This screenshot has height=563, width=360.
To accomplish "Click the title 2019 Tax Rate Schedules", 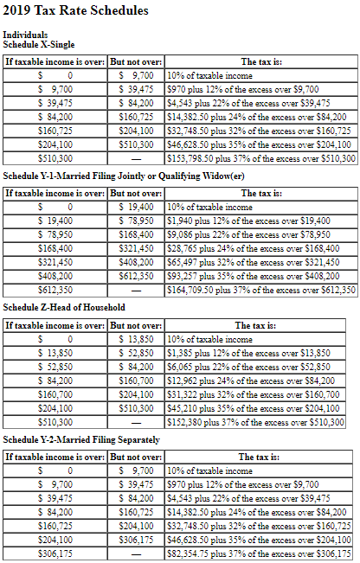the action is click(x=75, y=10).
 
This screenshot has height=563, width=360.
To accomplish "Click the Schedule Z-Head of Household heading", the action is click(x=64, y=307).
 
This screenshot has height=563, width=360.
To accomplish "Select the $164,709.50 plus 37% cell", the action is click(x=260, y=290).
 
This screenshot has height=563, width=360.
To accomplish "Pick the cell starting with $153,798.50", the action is click(x=260, y=159).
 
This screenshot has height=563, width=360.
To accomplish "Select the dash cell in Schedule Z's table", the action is click(x=135, y=423).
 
